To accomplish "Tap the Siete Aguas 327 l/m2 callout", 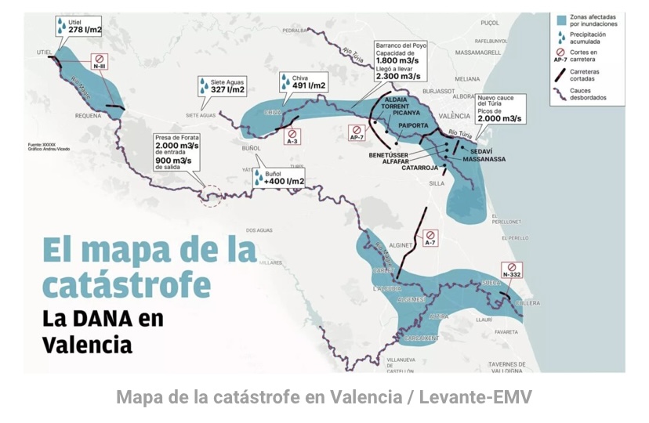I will tap(222, 86).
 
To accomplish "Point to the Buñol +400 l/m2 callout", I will tap(279, 178).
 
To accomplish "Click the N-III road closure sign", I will tap(100, 62).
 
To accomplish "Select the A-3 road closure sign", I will tap(292, 136).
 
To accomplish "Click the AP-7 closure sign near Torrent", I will tap(357, 132).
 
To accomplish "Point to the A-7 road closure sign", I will tap(430, 238).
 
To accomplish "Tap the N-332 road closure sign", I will tap(511, 270).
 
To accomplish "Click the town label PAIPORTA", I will tap(413, 125).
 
